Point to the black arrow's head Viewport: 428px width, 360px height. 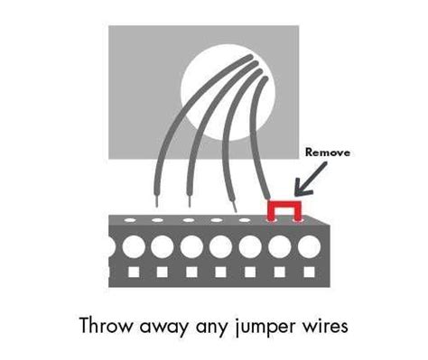click(x=297, y=193)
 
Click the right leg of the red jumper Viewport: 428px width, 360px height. click(x=297, y=213)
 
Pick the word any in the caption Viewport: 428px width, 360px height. click(x=212, y=328)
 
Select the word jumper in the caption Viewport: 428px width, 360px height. click(x=264, y=328)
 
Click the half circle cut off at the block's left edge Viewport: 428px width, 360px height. click(x=111, y=245)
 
